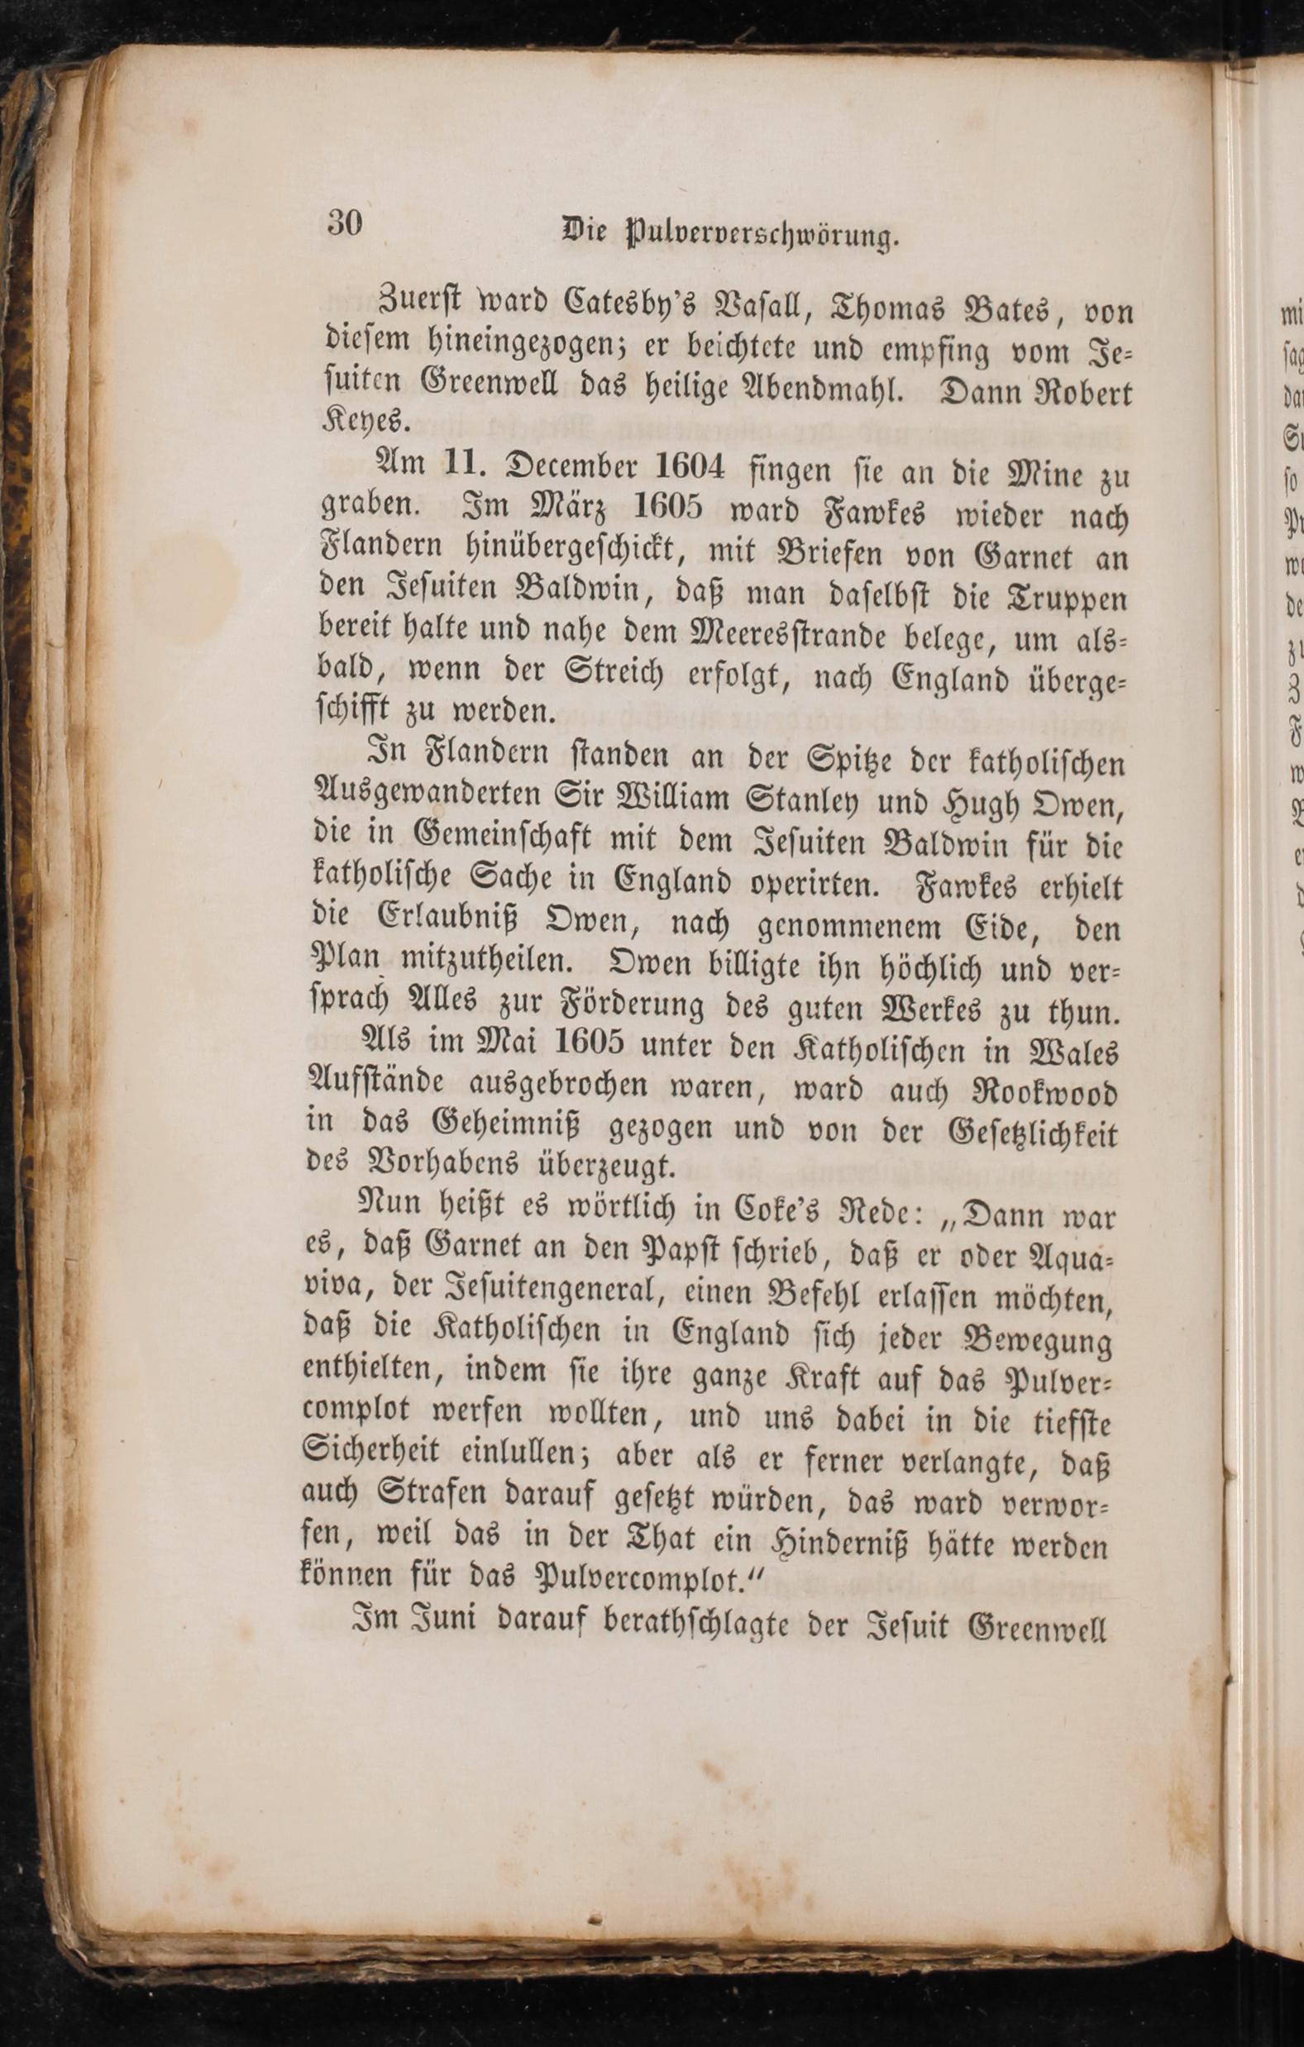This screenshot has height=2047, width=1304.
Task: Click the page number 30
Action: tap(344, 223)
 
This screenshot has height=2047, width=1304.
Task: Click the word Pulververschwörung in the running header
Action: tap(760, 236)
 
